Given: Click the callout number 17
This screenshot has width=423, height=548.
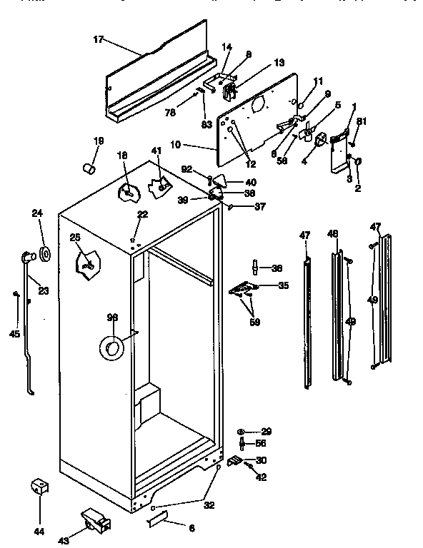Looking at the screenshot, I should click(98, 41).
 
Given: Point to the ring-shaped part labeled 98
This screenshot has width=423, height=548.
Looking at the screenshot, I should click(111, 347).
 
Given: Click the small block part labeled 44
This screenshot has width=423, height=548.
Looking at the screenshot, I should click(39, 488).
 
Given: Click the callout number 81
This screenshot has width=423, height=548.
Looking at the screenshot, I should click(362, 121).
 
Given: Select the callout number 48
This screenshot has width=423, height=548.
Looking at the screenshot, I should click(333, 233).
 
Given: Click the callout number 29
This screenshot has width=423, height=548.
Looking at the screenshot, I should click(267, 432).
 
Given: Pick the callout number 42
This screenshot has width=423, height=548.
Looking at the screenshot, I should click(262, 477).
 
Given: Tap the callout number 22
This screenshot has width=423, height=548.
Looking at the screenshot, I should click(143, 215).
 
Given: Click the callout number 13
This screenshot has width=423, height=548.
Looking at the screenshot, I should click(259, 64).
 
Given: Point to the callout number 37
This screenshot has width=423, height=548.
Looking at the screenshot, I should click(259, 207).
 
